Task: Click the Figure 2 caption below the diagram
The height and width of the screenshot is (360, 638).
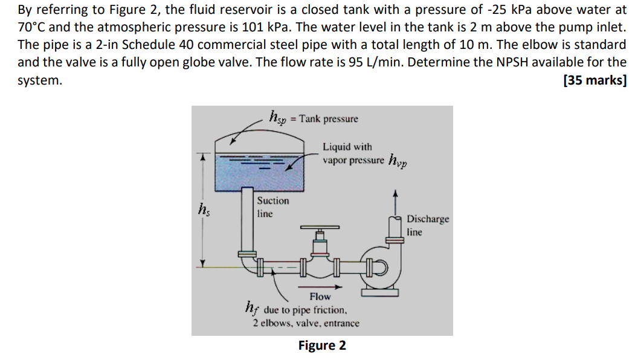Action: click(322, 346)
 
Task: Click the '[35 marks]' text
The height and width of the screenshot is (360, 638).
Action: click(594, 81)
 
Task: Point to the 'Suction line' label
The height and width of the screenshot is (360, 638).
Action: click(272, 207)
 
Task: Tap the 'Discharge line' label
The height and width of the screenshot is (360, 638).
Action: click(427, 225)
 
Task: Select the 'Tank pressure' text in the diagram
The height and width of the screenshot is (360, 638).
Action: click(328, 119)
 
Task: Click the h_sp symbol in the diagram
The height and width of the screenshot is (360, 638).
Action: click(279, 117)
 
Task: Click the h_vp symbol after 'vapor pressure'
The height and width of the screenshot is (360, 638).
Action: click(398, 160)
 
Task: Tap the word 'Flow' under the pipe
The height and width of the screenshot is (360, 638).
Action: click(320, 296)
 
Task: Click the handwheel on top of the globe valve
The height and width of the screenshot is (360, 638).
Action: click(321, 228)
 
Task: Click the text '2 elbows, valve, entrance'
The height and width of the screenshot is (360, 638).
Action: click(306, 323)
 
